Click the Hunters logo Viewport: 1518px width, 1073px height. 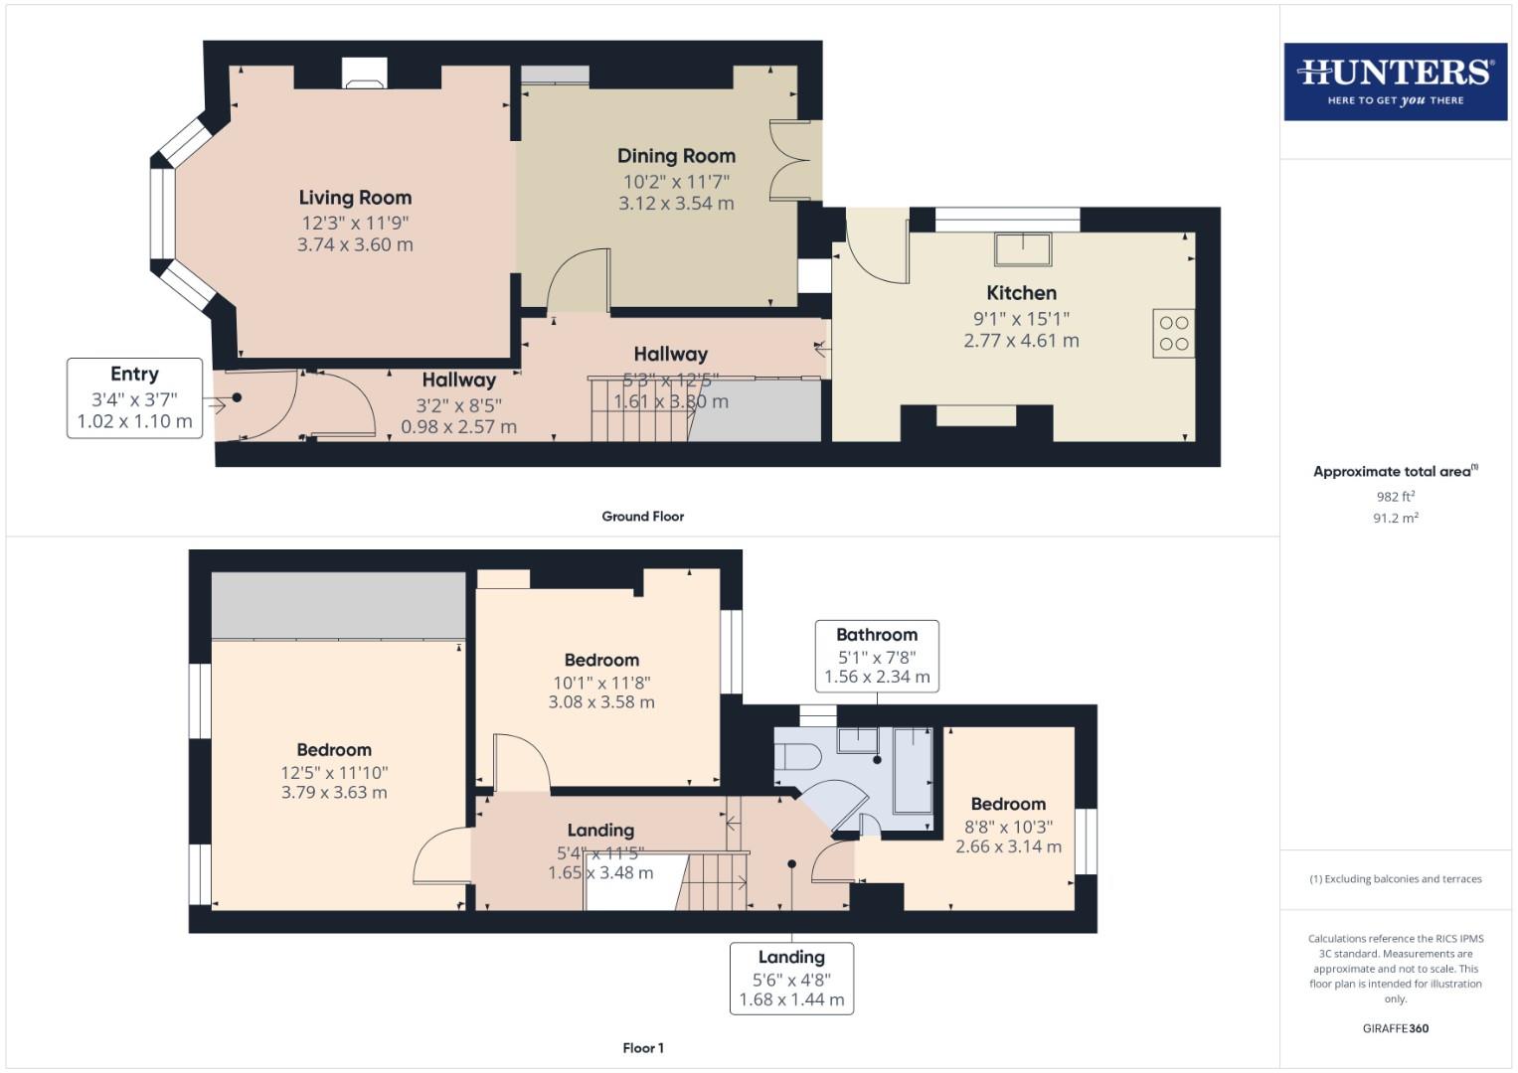point(1395,81)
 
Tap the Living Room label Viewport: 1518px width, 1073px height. point(355,198)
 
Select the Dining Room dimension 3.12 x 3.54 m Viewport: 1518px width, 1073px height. point(676,204)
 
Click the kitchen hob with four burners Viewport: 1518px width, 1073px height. point(1173,334)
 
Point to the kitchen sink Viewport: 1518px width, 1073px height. point(1023,248)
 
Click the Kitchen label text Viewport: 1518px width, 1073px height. point(1021,293)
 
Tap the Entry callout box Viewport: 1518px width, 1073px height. point(134,397)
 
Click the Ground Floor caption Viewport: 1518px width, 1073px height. point(642,517)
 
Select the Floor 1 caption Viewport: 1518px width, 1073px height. point(642,1048)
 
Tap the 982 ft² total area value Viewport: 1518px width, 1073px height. point(1395,497)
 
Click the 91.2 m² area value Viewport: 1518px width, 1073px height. point(1395,518)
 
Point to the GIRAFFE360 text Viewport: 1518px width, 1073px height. point(1395,1028)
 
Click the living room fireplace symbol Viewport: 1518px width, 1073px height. point(363,74)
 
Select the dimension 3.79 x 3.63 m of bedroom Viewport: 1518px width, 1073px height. point(334,793)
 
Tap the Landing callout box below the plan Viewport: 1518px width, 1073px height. point(791,979)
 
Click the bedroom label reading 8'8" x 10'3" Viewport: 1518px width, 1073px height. point(1008,827)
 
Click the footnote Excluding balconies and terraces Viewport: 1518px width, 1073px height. point(1395,879)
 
